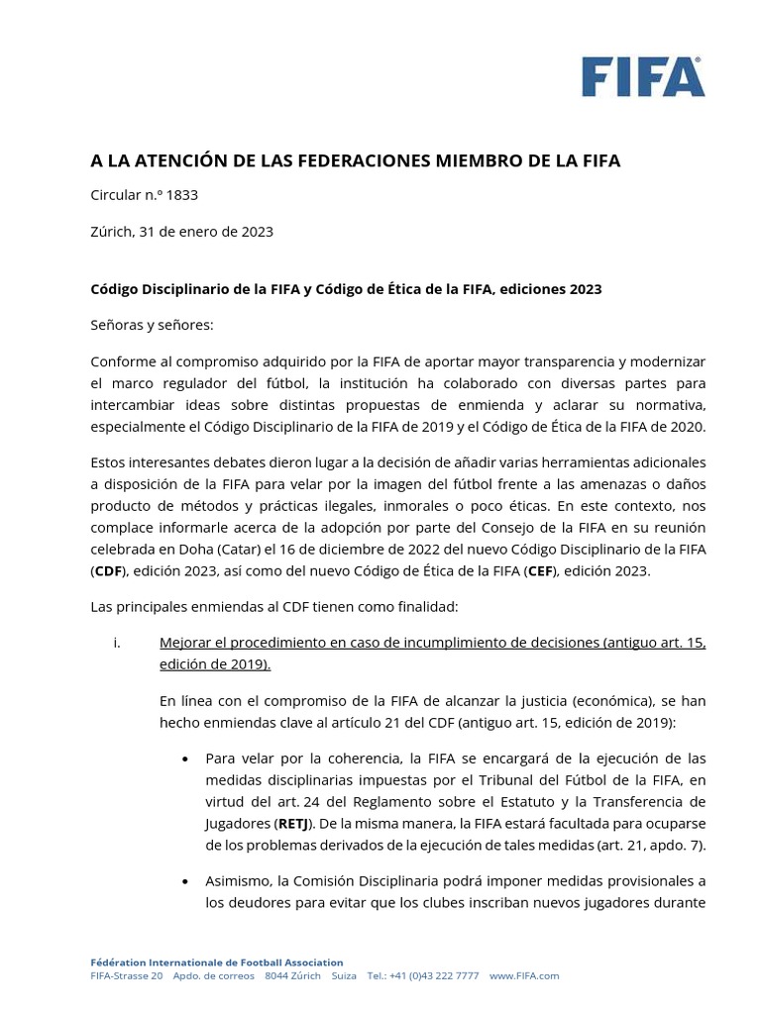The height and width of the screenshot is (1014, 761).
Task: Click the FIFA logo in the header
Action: pos(643,76)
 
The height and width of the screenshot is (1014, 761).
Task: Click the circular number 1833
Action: pos(182,195)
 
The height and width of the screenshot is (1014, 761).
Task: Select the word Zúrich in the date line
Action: pos(112,232)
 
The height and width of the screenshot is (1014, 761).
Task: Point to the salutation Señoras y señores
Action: pos(152,325)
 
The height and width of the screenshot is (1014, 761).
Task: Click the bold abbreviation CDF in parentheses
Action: pos(108,571)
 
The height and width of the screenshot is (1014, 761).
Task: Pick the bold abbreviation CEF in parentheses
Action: pos(541,571)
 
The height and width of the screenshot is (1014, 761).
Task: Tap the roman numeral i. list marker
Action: pos(117,643)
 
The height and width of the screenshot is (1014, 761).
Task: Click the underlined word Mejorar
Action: pos(187,643)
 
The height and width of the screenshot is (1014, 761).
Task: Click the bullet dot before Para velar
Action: pos(185,760)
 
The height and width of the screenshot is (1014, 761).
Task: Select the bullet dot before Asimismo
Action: pos(185,881)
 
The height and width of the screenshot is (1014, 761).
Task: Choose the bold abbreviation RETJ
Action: pos(292,824)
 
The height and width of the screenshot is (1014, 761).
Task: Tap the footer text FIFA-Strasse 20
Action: pos(126,975)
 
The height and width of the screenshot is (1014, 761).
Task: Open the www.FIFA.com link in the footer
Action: pos(524,975)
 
